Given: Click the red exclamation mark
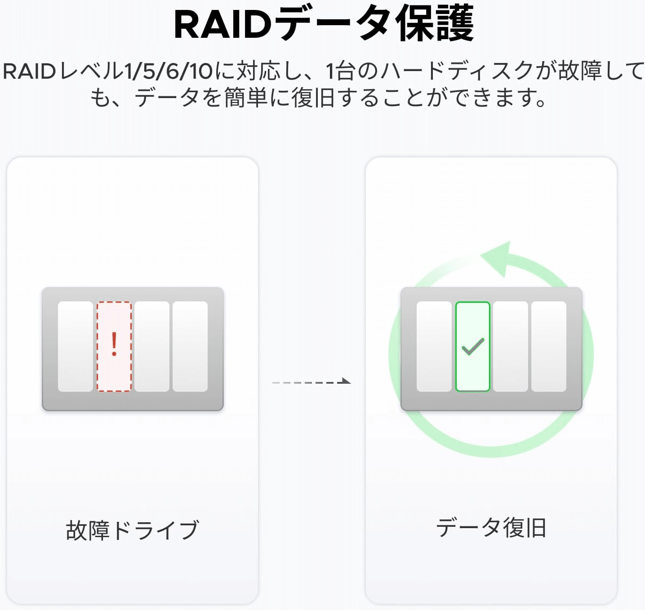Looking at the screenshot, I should point(114,344).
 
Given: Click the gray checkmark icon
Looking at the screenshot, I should point(473,346).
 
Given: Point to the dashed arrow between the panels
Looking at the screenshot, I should point(311,382).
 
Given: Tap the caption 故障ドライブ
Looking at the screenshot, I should point(133,530).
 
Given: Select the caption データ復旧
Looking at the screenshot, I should point(491,528).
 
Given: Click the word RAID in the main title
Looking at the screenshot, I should point(223,25).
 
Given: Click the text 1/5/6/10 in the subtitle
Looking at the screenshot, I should point(169,71).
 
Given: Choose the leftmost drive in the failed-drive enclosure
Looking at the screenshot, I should point(76,346).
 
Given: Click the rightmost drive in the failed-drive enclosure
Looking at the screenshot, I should point(190,346).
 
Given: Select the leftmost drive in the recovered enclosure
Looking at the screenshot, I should point(434,346).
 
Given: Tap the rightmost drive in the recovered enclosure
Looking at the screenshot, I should point(548,346).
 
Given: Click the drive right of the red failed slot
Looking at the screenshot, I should point(152,346).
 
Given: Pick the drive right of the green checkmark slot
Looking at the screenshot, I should point(510,346).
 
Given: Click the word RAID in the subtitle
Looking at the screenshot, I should point(29,71).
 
